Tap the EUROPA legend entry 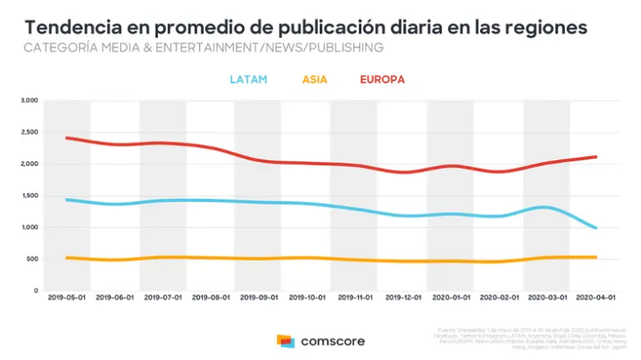382,80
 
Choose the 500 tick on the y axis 32,259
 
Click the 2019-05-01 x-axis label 67,297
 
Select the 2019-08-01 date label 210,297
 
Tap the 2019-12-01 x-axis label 402,297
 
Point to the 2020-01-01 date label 450,297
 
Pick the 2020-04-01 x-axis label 593,297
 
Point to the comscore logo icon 285,341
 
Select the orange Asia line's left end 66,257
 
